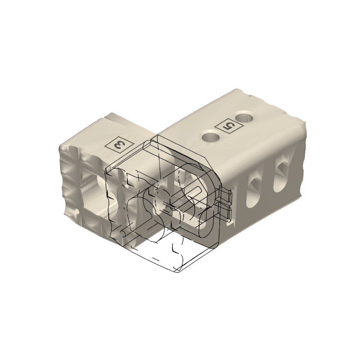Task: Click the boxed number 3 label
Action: click(x=119, y=145)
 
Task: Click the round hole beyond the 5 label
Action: click(x=244, y=118)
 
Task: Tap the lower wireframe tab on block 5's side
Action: click(x=226, y=212)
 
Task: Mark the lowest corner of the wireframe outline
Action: click(x=178, y=274)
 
